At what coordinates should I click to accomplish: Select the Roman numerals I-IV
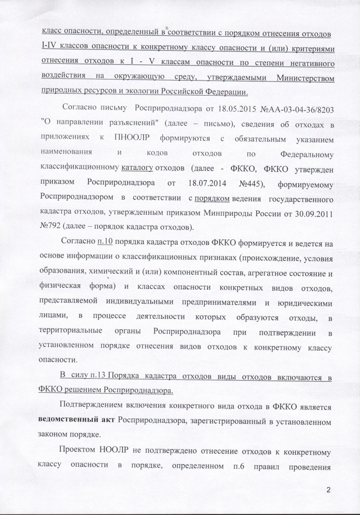[52, 47]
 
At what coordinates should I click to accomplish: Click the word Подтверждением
[92, 405]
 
